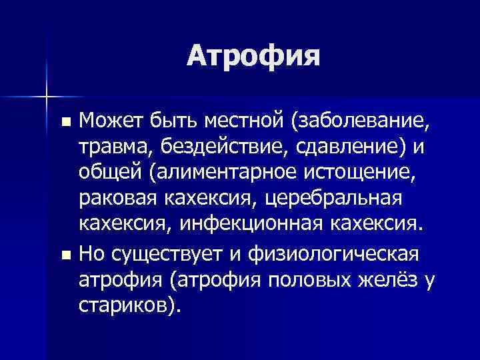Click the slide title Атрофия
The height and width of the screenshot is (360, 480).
[253, 56]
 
